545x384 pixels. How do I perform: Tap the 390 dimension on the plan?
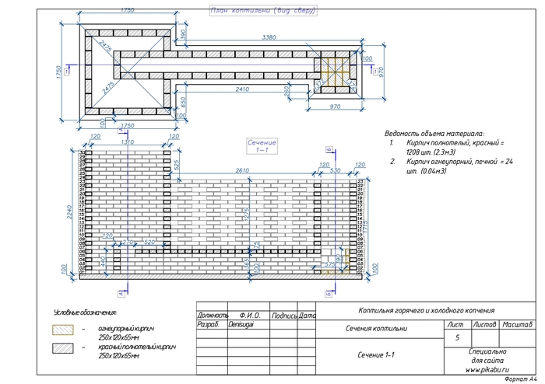pos(184,36)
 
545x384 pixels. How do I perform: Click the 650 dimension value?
pos(183,102)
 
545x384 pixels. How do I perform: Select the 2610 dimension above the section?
pos(242,170)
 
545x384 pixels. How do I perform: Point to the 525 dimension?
pos(177,166)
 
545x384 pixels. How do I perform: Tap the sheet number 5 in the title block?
pos(456,338)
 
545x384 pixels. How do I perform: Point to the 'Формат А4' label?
pos(521,379)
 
